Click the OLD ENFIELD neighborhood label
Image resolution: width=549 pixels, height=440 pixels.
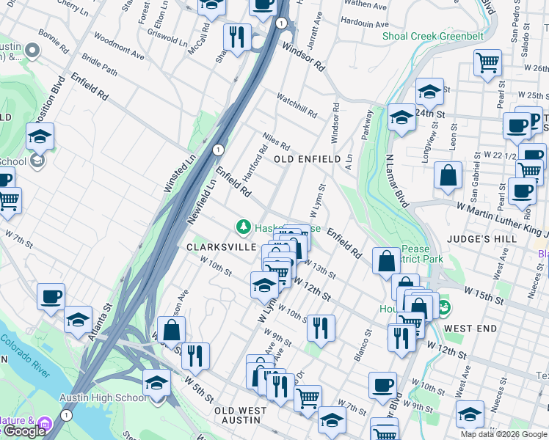307,159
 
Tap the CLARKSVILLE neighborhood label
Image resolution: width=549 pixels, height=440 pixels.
221,248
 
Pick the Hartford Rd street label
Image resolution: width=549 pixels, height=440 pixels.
258,161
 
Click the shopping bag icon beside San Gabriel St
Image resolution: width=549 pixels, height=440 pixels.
448,176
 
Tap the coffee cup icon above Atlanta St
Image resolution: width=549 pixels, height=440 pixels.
51,296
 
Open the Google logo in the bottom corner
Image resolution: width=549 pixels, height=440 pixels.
24,432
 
